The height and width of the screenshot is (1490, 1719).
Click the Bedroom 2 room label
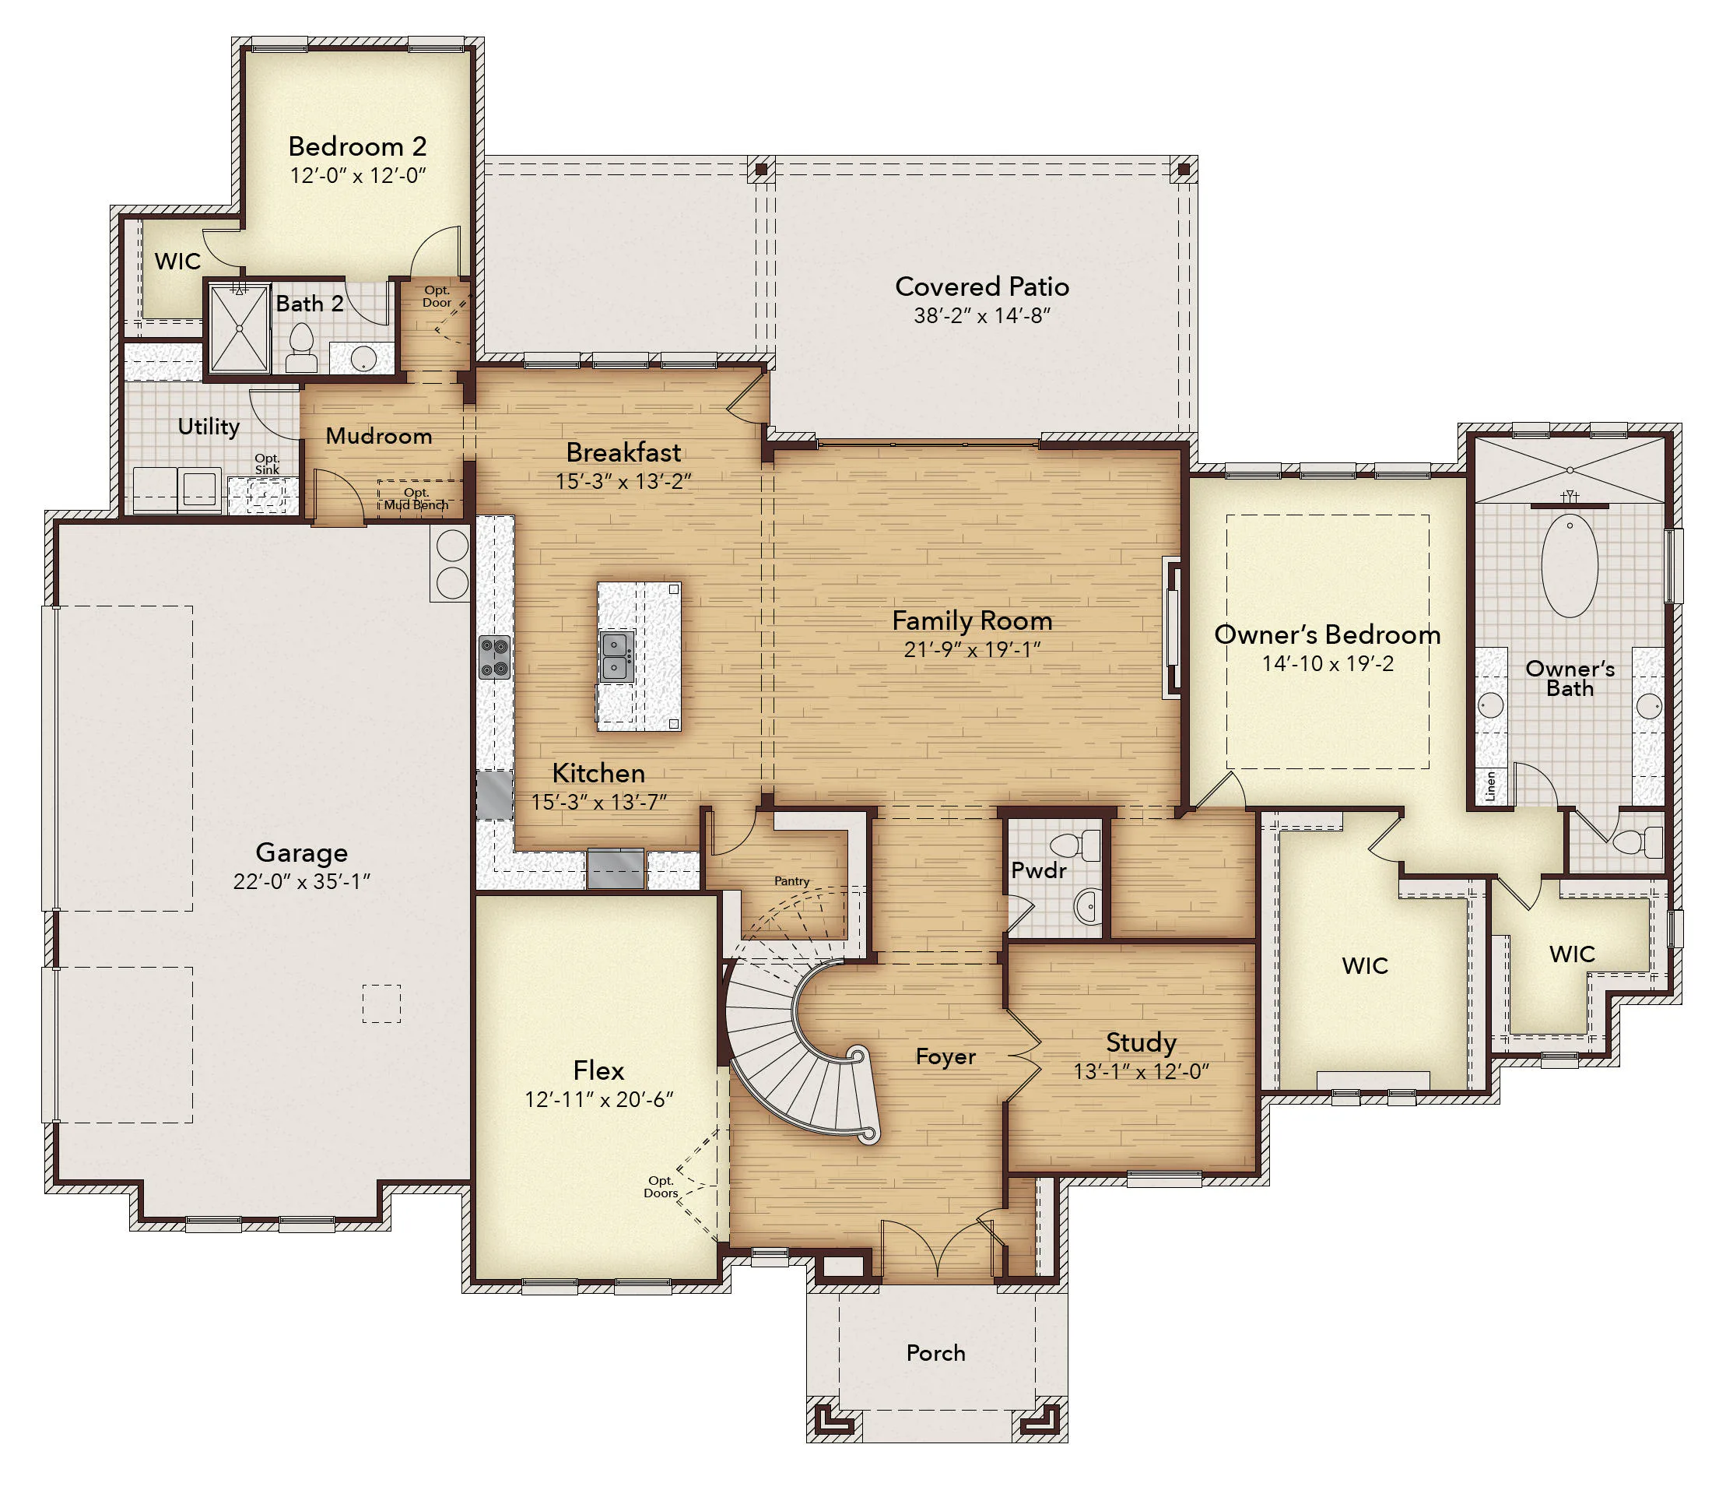tap(357, 146)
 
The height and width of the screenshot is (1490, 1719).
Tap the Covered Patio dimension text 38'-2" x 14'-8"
tap(983, 316)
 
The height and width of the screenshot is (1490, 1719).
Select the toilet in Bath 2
tap(301, 347)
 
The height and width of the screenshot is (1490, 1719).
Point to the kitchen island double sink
tap(617, 656)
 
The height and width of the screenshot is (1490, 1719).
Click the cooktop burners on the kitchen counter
tap(493, 657)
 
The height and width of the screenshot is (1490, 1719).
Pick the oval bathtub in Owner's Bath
tap(1570, 565)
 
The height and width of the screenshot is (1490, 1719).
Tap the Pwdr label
tap(1038, 870)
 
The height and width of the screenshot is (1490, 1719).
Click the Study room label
tap(1141, 1042)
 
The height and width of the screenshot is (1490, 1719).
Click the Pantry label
tap(791, 880)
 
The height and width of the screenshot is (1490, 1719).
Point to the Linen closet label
tap(1490, 785)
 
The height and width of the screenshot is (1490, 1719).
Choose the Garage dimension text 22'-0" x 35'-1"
tap(302, 881)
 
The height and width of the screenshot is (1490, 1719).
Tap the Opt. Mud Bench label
tap(416, 499)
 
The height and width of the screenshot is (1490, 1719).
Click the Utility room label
tap(209, 427)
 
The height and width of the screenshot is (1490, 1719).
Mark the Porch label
tap(936, 1353)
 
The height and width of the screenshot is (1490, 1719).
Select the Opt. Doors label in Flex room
tap(661, 1186)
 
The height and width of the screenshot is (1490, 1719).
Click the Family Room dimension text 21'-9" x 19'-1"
tap(973, 649)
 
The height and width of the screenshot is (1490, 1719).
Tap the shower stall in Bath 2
tap(240, 328)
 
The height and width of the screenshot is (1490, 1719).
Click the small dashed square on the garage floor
tap(381, 1003)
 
